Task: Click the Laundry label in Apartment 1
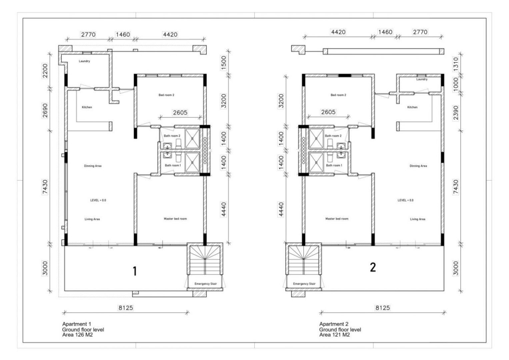coord(84,61)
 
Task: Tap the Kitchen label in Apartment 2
coord(412,107)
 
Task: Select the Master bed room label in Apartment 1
coord(175,219)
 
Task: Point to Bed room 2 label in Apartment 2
coord(338,95)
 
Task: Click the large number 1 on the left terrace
coord(135,271)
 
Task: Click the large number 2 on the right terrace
coord(373,267)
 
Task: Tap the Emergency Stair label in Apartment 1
coord(206,284)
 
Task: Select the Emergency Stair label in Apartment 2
coord(304,284)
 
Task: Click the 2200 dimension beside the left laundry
coord(45,70)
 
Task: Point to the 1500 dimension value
coord(224,63)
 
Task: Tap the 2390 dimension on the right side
coord(456,113)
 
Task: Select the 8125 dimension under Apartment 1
coord(126,308)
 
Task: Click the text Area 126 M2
coord(77,335)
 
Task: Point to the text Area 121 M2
coord(334,335)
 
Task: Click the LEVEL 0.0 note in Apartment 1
coord(98,200)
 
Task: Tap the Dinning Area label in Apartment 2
coord(418,166)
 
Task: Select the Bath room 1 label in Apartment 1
coord(173,165)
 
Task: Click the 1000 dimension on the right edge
coord(456,83)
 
